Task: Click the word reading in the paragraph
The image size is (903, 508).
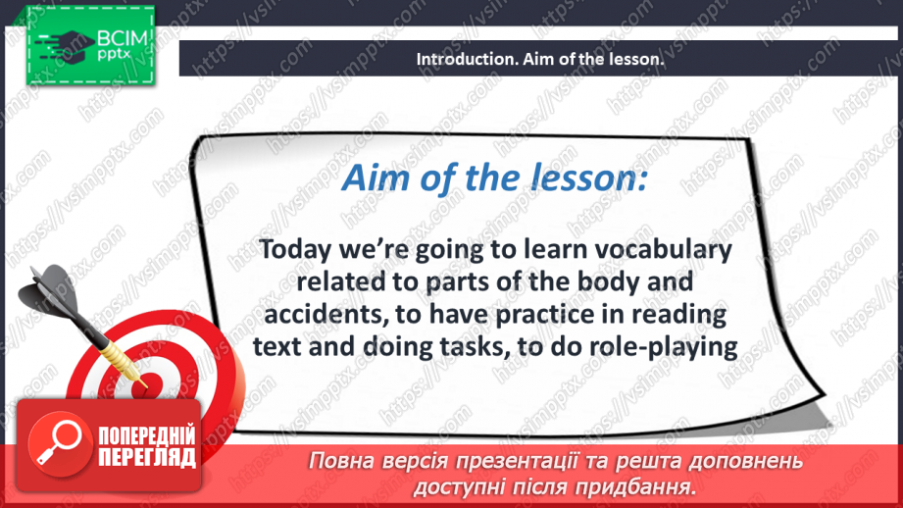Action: (679, 315)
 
